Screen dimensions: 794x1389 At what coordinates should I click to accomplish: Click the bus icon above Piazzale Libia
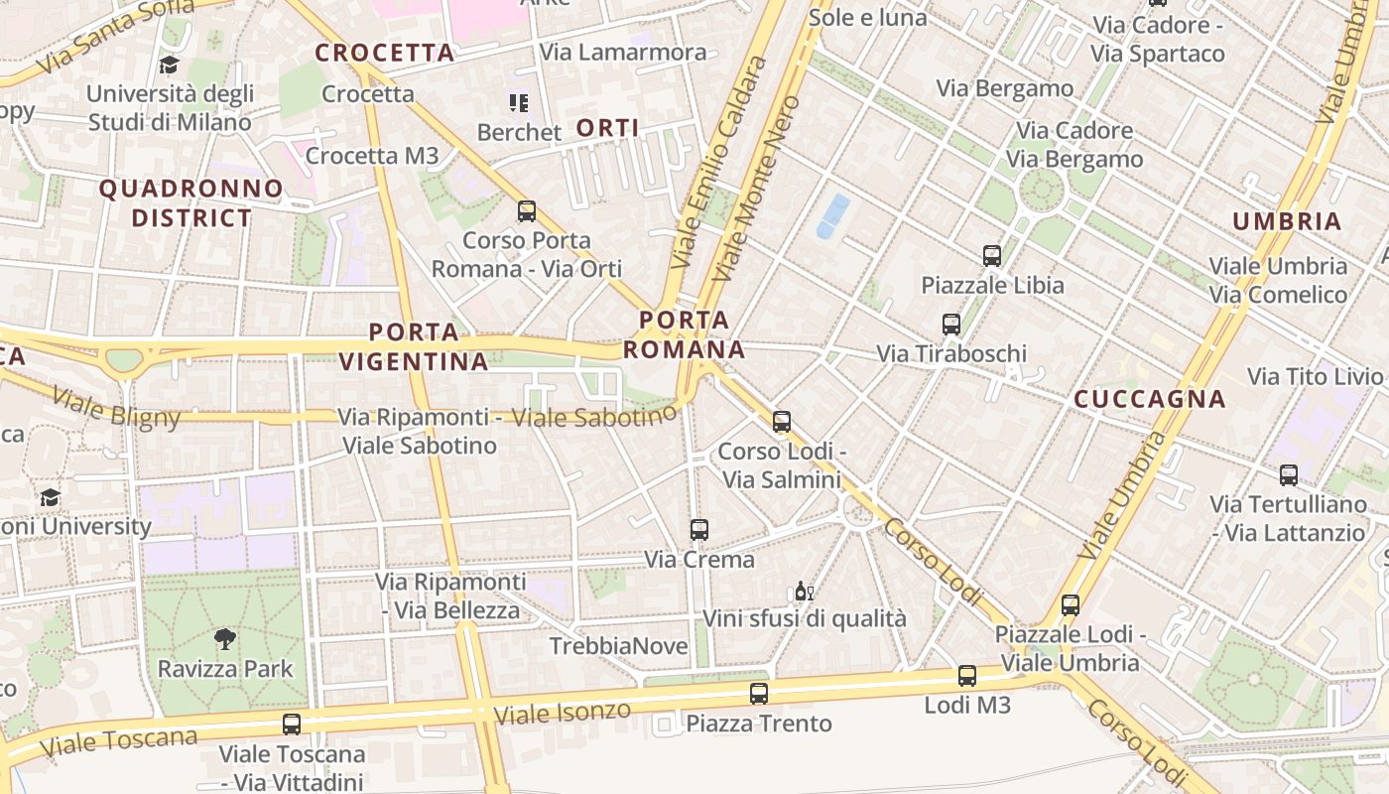coord(992,256)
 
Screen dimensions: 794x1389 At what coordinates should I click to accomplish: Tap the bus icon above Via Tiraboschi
coord(951,325)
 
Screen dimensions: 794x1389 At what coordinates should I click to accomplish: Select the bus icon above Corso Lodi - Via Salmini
coord(782,422)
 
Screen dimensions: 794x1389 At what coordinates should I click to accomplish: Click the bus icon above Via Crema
coord(699,530)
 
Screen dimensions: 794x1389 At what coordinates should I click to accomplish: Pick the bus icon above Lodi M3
coord(967,676)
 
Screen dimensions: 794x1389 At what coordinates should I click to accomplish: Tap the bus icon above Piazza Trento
coord(759,694)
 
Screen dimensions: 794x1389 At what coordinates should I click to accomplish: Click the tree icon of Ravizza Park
coord(225,639)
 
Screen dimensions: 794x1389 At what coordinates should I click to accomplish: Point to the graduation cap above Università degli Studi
coord(169,66)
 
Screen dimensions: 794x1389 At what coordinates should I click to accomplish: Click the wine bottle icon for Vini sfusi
coord(804,592)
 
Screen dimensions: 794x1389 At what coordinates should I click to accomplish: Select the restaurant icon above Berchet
coord(518,103)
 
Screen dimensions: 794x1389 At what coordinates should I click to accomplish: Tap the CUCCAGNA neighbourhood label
coord(1150,400)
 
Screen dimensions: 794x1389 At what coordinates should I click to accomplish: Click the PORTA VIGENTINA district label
coord(415,346)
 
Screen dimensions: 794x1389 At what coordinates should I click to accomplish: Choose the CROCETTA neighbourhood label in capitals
coord(385,54)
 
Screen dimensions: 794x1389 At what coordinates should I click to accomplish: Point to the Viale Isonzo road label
coord(562,712)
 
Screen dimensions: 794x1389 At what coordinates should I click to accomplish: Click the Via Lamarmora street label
coord(623,53)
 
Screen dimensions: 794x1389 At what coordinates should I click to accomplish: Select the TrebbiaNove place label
coord(619,647)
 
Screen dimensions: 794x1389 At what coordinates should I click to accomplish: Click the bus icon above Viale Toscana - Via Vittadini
coord(291,725)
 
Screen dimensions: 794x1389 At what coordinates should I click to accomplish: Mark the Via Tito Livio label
coord(1315,376)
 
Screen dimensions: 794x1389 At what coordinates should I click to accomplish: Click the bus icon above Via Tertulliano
coord(1289,475)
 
